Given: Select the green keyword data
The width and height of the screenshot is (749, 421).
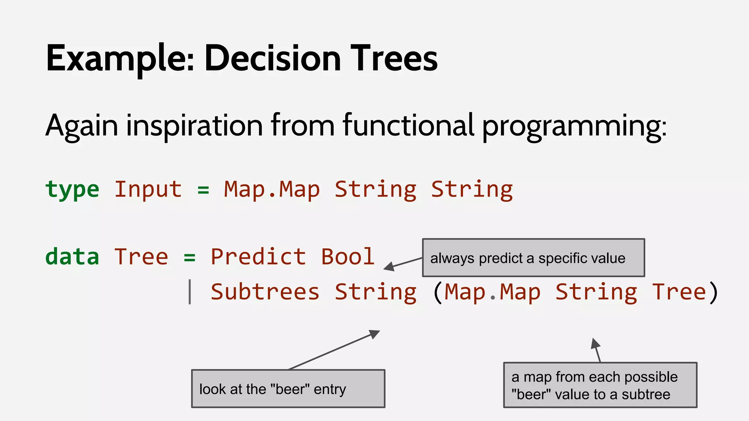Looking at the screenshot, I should (72, 257).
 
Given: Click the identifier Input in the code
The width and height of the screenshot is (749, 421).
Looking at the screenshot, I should (148, 190).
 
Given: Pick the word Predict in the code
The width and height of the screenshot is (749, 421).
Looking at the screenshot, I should (258, 257).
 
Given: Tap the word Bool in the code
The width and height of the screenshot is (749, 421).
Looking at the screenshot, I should (347, 257).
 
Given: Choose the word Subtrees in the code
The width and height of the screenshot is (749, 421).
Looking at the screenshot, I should (265, 292).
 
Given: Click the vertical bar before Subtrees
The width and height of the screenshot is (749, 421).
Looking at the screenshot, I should (189, 292).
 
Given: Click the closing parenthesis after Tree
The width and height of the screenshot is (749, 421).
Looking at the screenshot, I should (713, 292).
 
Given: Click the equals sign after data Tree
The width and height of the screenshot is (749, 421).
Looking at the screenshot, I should (189, 257).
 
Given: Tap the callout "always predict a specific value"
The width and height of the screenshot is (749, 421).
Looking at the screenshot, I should (533, 258).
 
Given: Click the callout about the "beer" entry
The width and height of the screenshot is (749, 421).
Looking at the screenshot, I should (288, 389).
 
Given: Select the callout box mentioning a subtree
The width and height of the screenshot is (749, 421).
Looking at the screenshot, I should (600, 385).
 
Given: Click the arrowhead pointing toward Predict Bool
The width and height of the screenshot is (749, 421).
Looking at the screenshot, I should (388, 267).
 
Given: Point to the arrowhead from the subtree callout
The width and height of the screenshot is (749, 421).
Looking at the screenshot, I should (595, 343).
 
